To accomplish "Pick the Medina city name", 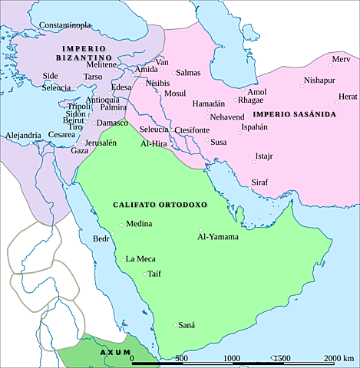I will (138, 224).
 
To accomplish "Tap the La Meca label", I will (140, 258).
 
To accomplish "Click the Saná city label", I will (187, 325).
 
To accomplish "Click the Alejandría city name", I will (23, 135).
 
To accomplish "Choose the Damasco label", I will (112, 123).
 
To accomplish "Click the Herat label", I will (348, 97).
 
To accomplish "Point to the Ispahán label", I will (254, 127).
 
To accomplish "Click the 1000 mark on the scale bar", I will (233, 359).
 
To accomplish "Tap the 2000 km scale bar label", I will (338, 359).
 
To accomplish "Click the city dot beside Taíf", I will (144, 274).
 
